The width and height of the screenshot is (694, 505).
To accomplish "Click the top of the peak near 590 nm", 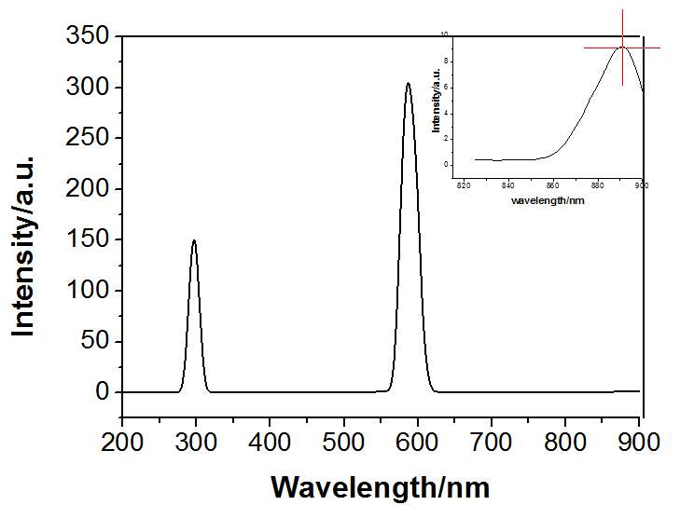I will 408,84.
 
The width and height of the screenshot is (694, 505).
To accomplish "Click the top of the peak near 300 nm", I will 194,240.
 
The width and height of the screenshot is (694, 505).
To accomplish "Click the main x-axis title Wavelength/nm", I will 380,485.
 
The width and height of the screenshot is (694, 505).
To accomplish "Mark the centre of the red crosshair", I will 622,48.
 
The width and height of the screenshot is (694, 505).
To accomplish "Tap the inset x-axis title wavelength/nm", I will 548,199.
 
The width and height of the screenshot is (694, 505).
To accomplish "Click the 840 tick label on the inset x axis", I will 508,185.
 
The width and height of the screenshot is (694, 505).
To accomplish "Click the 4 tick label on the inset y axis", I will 447,113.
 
